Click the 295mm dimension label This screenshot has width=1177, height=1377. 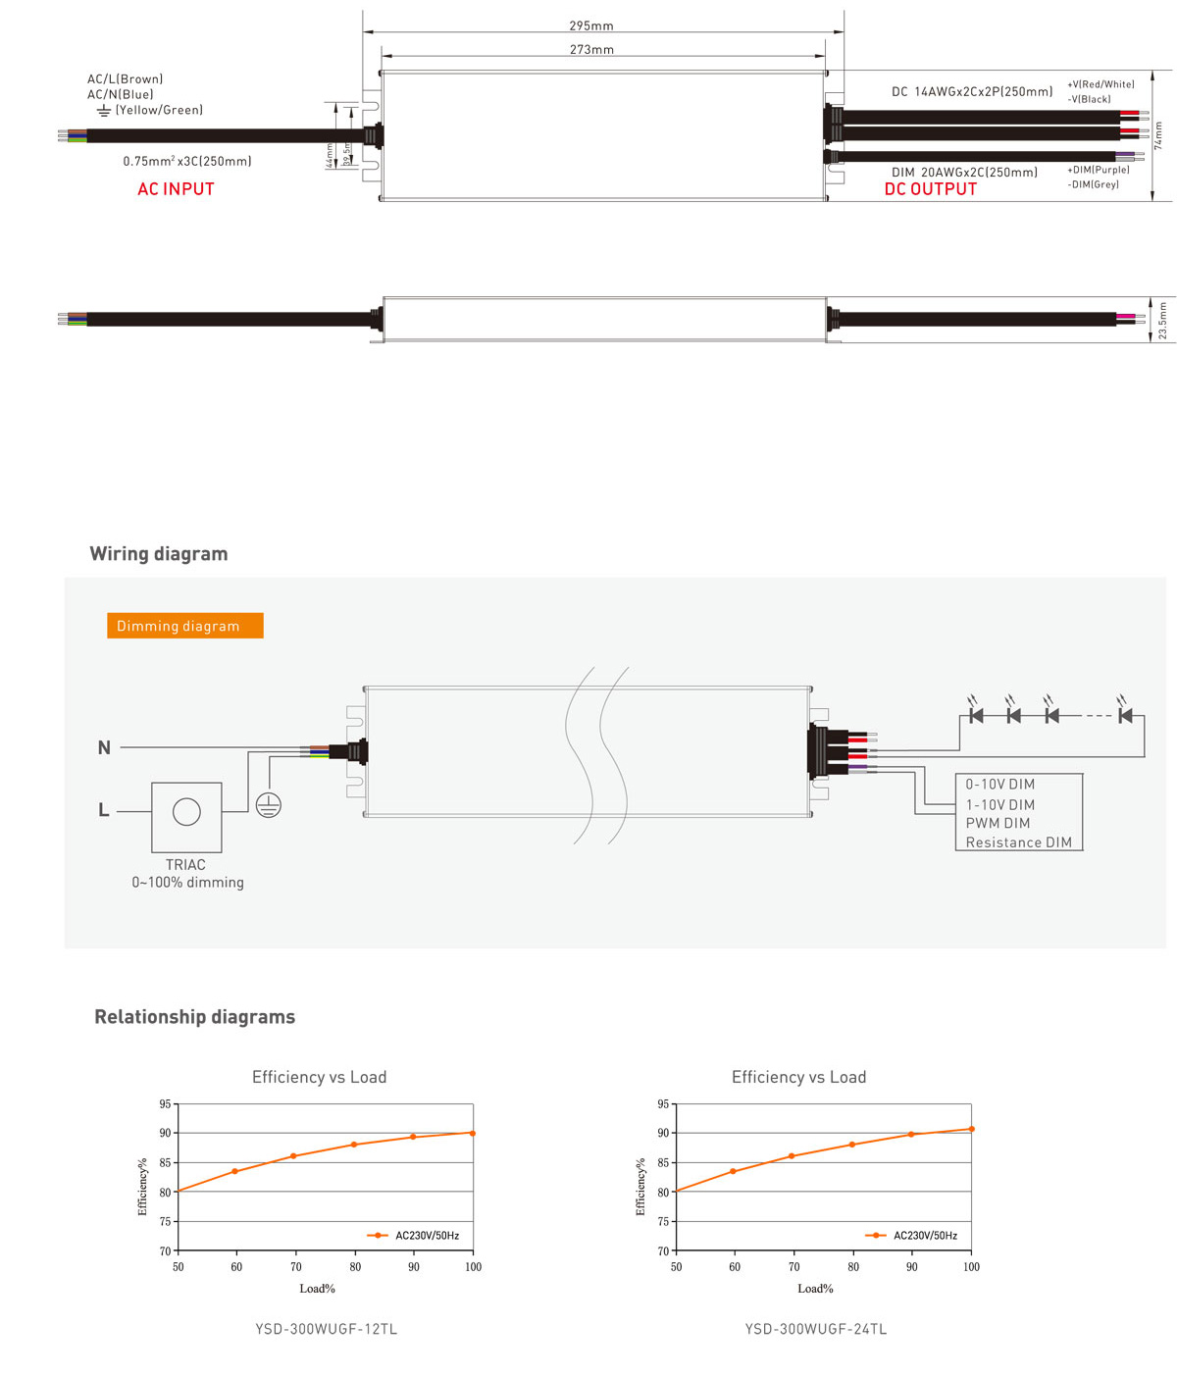(590, 26)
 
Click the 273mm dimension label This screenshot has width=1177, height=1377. (591, 50)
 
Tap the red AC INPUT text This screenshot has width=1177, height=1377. (176, 189)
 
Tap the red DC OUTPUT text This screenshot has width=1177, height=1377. (931, 189)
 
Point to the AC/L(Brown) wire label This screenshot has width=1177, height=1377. (125, 79)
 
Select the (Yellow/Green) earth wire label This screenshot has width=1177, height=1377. (159, 111)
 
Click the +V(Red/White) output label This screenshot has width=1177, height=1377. (1100, 85)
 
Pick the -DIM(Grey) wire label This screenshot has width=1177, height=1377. (1093, 184)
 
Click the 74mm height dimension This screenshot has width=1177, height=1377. (1158, 135)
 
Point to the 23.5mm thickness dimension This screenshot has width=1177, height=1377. (1162, 321)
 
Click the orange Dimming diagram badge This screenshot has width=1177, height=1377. (184, 626)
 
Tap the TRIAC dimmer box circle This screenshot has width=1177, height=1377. (186, 812)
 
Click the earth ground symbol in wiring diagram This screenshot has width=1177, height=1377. (269, 805)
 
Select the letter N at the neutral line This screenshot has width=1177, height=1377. (104, 748)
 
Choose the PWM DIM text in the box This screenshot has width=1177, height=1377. (998, 824)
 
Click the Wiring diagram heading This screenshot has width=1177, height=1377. (159, 554)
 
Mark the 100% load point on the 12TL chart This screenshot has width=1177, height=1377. (473, 1133)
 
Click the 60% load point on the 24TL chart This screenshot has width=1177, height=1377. (734, 1171)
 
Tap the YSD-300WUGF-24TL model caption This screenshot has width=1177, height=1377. (816, 1330)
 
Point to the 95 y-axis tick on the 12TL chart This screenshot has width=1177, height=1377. (166, 1104)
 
